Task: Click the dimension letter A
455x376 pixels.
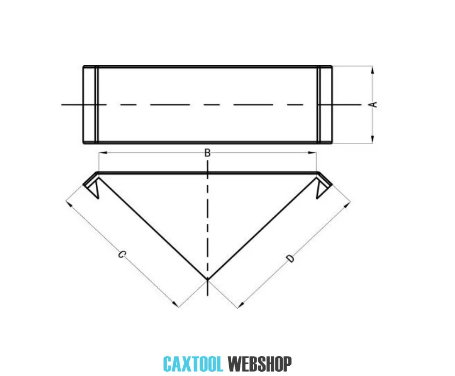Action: tap(374, 104)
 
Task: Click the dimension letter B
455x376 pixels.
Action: tap(207, 153)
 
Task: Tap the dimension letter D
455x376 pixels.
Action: tap(291, 259)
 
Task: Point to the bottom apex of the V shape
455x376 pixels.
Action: tap(207, 279)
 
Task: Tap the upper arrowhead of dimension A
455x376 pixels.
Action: tap(372, 68)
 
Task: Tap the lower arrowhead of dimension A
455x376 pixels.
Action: tap(372, 141)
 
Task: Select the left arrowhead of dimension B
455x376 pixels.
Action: tap(101, 153)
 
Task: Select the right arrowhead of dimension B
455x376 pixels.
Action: tap(314, 153)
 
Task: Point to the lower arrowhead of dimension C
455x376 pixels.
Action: tap(175, 305)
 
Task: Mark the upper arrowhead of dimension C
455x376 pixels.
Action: tap(68, 203)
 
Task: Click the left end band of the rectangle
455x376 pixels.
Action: tap(90, 104)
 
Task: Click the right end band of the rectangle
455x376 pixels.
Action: tap(324, 104)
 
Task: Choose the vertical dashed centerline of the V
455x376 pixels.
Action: tap(207, 226)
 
